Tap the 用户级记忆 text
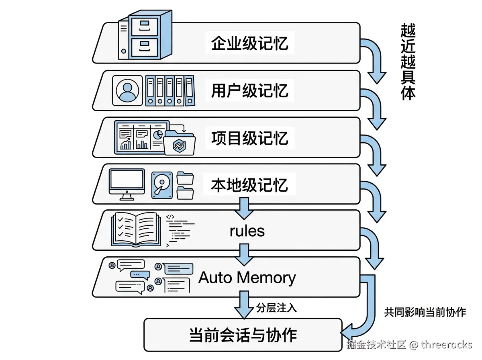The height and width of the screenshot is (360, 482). pyautogui.click(x=250, y=90)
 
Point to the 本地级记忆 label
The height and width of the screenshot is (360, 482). pyautogui.click(x=250, y=185)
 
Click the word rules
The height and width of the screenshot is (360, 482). pyautogui.click(x=247, y=231)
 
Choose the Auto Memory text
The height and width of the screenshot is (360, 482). pyautogui.click(x=247, y=278)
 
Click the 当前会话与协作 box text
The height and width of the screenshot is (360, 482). pyautogui.click(x=243, y=335)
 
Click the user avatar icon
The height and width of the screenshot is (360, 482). pyautogui.click(x=127, y=90)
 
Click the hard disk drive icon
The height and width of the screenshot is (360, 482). pyautogui.click(x=162, y=185)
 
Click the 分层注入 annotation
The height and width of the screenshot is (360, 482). pyautogui.click(x=276, y=308)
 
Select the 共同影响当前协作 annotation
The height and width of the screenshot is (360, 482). pyautogui.click(x=425, y=312)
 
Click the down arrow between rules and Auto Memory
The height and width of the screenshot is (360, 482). pyautogui.click(x=244, y=254)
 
